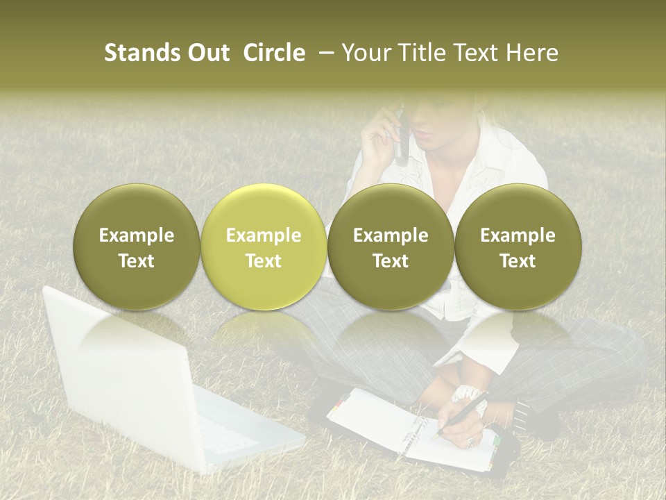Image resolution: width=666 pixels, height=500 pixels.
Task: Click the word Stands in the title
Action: (133, 53)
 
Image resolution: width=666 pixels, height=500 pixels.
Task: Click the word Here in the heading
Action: (534, 53)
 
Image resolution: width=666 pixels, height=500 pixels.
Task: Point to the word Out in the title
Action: (205, 53)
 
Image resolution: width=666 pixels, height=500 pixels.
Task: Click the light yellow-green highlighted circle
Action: (263, 247)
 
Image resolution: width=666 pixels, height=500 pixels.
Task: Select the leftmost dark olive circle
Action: (136, 247)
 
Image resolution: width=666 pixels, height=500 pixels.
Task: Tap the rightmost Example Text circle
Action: (518, 247)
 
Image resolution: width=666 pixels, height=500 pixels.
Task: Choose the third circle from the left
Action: (391, 247)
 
